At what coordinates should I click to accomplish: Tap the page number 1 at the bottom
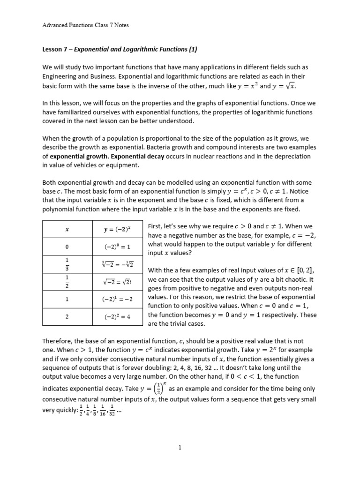180,447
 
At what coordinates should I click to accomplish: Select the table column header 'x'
67,229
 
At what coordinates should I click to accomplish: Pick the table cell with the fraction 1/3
67,264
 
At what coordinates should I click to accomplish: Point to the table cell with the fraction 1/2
67,282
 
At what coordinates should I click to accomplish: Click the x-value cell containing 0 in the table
67,247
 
